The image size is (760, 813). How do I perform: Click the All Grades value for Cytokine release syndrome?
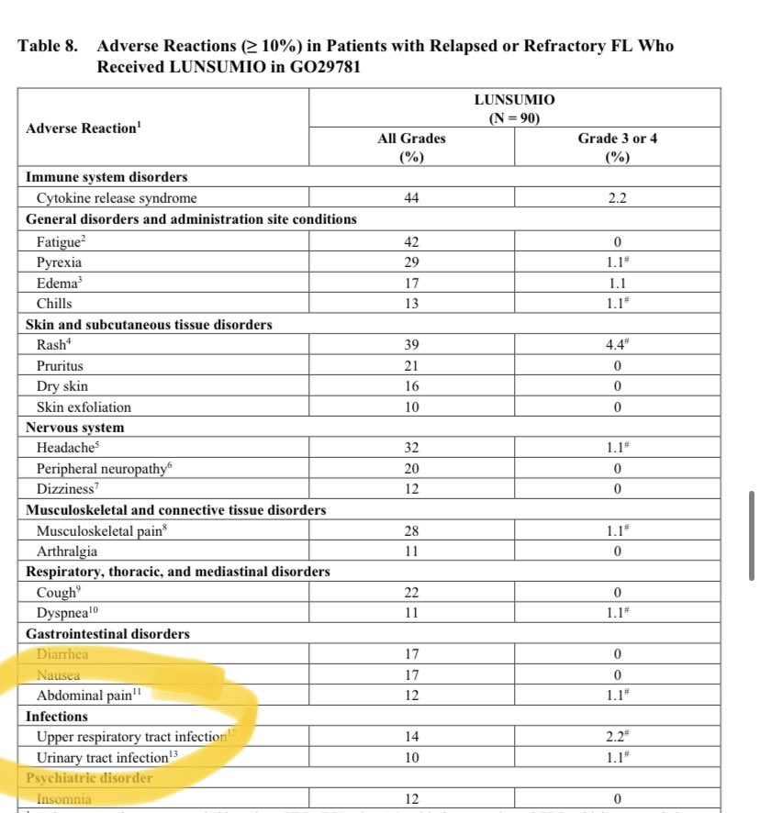pyautogui.click(x=411, y=198)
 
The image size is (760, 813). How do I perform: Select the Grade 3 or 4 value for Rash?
pyautogui.click(x=618, y=345)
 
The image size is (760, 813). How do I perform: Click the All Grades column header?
pyautogui.click(x=411, y=147)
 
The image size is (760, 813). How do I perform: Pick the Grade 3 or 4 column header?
pyautogui.click(x=618, y=147)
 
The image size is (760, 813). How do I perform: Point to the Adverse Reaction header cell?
pyautogui.click(x=84, y=128)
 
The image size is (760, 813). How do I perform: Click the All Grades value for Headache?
pyautogui.click(x=411, y=449)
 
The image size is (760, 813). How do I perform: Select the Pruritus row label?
pyautogui.click(x=61, y=366)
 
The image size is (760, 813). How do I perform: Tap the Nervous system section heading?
pyautogui.click(x=75, y=428)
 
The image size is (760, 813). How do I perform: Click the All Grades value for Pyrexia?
pyautogui.click(x=411, y=262)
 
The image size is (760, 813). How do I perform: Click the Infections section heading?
pyautogui.click(x=57, y=716)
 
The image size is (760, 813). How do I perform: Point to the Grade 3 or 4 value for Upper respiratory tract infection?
pyautogui.click(x=618, y=737)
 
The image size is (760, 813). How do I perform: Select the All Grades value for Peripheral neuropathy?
pyautogui.click(x=411, y=469)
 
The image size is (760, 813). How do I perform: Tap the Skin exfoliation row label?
pyautogui.click(x=84, y=407)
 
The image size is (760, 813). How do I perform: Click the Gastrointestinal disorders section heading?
pyautogui.click(x=108, y=633)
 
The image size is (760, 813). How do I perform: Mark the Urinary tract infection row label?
pyautogui.click(x=103, y=758)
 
